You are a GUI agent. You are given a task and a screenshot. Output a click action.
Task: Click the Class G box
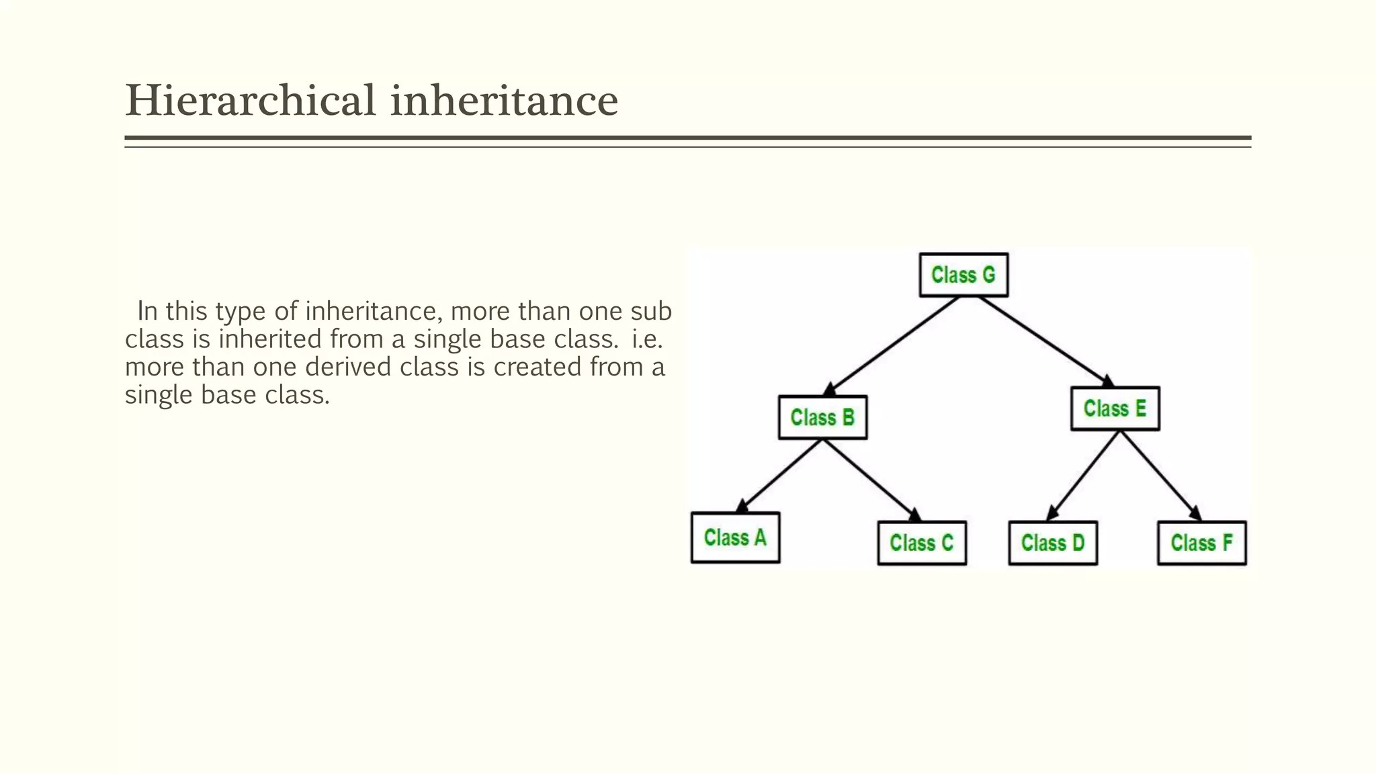(963, 275)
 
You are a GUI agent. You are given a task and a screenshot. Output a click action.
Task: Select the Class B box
(822, 417)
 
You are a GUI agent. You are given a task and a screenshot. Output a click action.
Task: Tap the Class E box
(1115, 408)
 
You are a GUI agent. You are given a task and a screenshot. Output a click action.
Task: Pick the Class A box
(735, 537)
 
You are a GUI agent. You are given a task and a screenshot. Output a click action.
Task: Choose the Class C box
(922, 543)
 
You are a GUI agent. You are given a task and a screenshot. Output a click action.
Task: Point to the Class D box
(1053, 543)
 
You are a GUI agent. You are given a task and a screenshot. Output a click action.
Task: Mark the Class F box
(1201, 543)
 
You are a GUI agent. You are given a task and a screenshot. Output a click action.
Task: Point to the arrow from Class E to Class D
(1084, 475)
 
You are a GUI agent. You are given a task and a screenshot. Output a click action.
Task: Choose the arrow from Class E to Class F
(1160, 475)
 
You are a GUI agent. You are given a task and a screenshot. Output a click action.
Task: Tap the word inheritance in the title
(504, 101)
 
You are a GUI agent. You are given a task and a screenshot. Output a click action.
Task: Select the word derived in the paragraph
(348, 367)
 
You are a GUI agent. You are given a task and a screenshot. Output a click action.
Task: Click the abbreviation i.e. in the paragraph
(647, 339)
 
